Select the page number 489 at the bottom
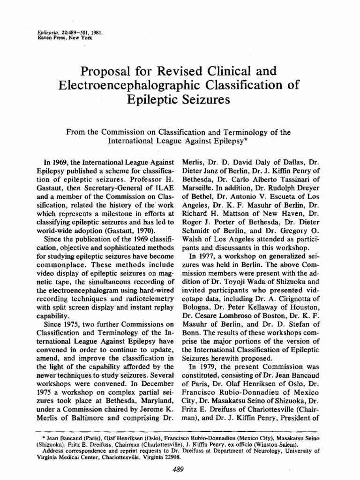click(x=180, y=469)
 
